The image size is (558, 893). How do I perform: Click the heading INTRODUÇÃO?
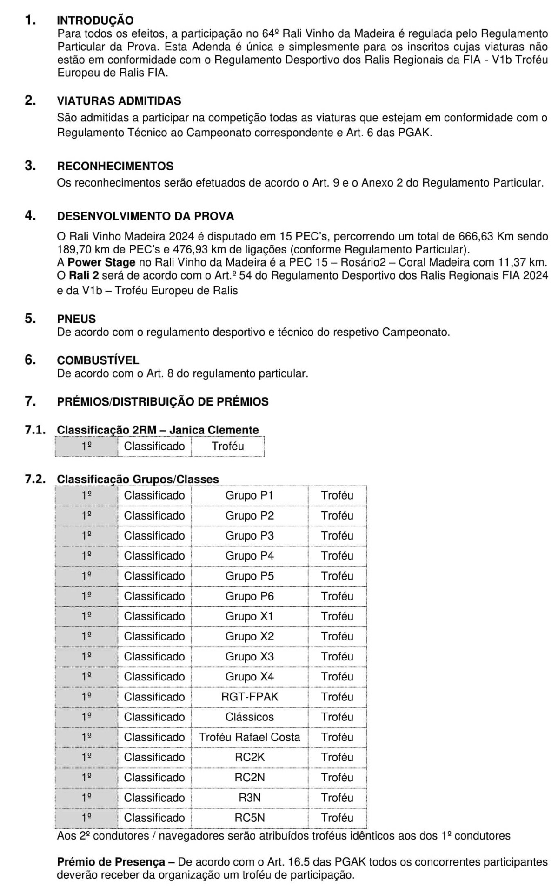tap(95, 20)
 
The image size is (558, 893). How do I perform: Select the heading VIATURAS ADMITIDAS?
tap(119, 101)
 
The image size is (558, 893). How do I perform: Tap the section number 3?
tap(30, 166)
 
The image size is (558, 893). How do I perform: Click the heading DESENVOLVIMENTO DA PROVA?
tap(145, 216)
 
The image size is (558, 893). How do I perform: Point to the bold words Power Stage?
tap(101, 262)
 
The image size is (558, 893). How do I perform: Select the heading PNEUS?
tap(76, 319)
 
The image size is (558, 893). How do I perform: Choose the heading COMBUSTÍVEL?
tap(98, 360)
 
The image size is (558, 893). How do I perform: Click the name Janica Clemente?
tap(214, 430)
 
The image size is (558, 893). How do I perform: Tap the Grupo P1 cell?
tap(249, 495)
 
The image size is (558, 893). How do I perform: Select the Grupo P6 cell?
tap(249, 596)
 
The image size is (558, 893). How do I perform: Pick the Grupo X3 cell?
tap(249, 657)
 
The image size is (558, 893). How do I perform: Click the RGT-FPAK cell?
tap(249, 697)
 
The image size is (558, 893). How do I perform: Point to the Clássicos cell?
tap(249, 717)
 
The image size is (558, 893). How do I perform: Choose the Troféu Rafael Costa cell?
tap(249, 737)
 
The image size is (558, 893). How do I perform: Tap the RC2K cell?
tap(249, 757)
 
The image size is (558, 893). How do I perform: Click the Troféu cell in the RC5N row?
tap(337, 818)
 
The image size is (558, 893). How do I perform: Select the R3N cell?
tap(249, 798)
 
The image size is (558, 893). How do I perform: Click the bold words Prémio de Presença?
tap(111, 862)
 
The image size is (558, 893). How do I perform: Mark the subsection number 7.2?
tap(35, 479)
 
